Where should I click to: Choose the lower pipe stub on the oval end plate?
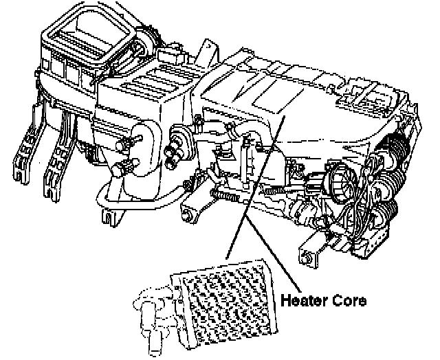pos(126,166)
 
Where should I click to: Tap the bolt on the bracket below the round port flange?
pos(187,217)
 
